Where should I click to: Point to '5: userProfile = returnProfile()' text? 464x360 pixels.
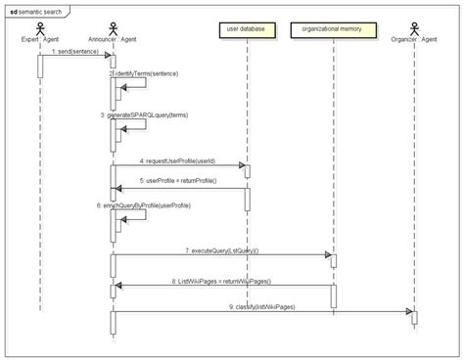pos(177,181)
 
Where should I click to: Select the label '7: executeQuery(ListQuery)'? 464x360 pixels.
pos(221,250)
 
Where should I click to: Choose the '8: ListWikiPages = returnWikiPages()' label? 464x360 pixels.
pos(222,281)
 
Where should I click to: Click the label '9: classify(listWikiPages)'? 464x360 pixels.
pos(262,306)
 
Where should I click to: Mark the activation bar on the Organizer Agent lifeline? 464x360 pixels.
pos(414,318)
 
